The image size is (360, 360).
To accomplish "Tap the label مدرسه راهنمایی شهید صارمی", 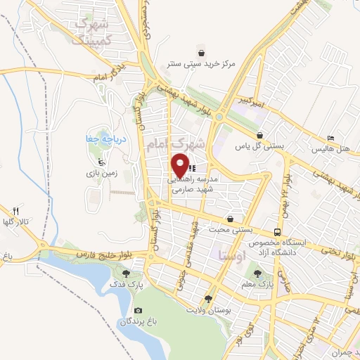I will pos(194,184).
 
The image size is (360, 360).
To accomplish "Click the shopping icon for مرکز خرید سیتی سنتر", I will pos(202,52).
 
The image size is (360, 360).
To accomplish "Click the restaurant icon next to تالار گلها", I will pos(16,210).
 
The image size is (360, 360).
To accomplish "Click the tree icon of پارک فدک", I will pos(127,274).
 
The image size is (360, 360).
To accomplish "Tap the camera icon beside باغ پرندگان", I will pos(139,310).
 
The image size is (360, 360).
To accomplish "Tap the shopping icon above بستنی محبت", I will pos(231,219).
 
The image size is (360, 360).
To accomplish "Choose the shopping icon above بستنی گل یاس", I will pos(259,136).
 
